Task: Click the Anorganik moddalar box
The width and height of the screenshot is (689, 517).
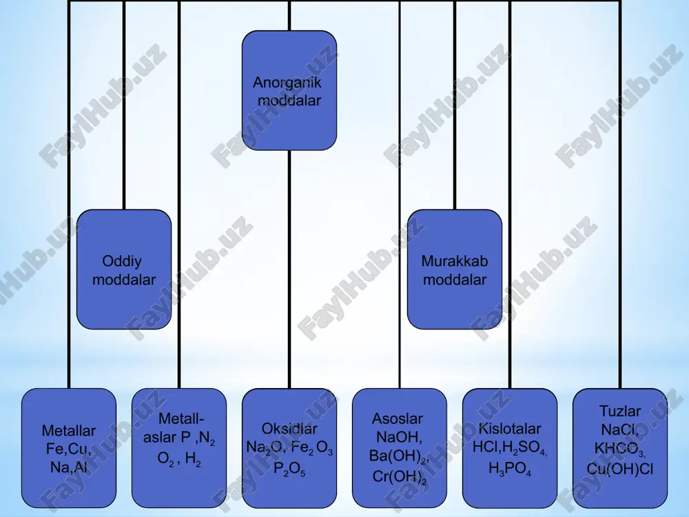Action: (x=289, y=90)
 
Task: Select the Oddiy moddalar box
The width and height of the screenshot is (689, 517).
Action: (x=124, y=270)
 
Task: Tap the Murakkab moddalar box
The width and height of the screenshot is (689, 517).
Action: (x=455, y=270)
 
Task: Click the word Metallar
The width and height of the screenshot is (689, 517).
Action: (x=68, y=431)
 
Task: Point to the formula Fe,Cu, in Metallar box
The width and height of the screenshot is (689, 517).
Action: (x=68, y=449)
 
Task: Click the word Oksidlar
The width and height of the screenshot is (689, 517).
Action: (x=289, y=429)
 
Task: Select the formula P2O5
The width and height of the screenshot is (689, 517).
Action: (x=289, y=469)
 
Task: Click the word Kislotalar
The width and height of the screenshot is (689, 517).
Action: (x=510, y=429)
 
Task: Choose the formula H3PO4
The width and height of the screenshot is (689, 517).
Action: (x=510, y=469)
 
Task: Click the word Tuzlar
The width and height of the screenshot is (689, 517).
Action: (x=620, y=412)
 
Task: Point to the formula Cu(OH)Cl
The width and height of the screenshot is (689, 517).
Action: (x=620, y=469)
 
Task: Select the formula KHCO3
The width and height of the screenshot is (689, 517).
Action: (x=620, y=449)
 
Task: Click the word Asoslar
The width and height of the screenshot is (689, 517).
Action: (x=398, y=418)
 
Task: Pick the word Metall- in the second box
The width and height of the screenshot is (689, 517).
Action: (x=181, y=418)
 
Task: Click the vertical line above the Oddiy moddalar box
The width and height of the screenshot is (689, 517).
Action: (x=124, y=105)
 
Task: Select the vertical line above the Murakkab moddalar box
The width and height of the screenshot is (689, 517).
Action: (x=455, y=105)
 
